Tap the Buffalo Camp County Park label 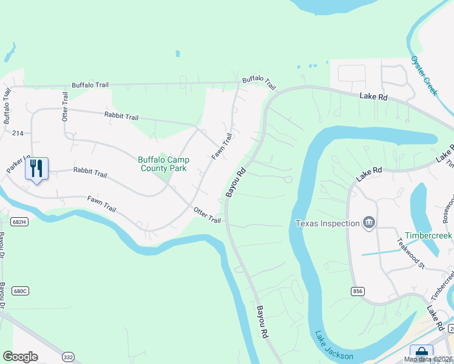[163, 164]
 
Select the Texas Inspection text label [328, 223]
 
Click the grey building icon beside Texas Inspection [368, 223]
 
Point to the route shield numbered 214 [17, 133]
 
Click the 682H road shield [19, 222]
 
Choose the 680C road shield [20, 274]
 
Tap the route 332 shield [68, 357]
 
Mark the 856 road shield [357, 292]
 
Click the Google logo [20, 357]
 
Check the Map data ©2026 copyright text [428, 359]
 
